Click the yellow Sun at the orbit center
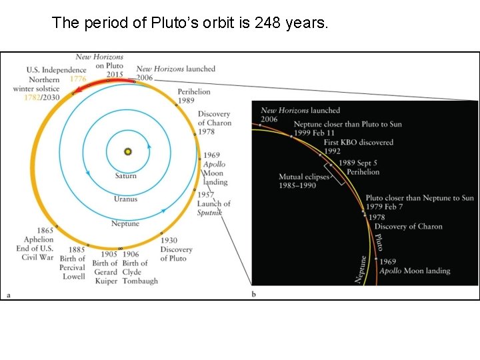click(x=127, y=152)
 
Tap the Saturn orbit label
click(x=125, y=176)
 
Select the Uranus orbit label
click(x=125, y=199)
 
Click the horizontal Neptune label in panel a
click(x=125, y=224)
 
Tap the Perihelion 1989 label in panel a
click(x=194, y=96)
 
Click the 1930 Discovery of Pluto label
click(x=176, y=249)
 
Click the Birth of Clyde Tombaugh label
click(x=140, y=272)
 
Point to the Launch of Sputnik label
click(x=213, y=203)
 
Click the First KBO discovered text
click(x=359, y=142)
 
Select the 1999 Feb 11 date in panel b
click(x=317, y=133)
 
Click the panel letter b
click(x=254, y=294)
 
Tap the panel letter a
click(x=8, y=294)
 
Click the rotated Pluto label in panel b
click(x=379, y=241)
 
